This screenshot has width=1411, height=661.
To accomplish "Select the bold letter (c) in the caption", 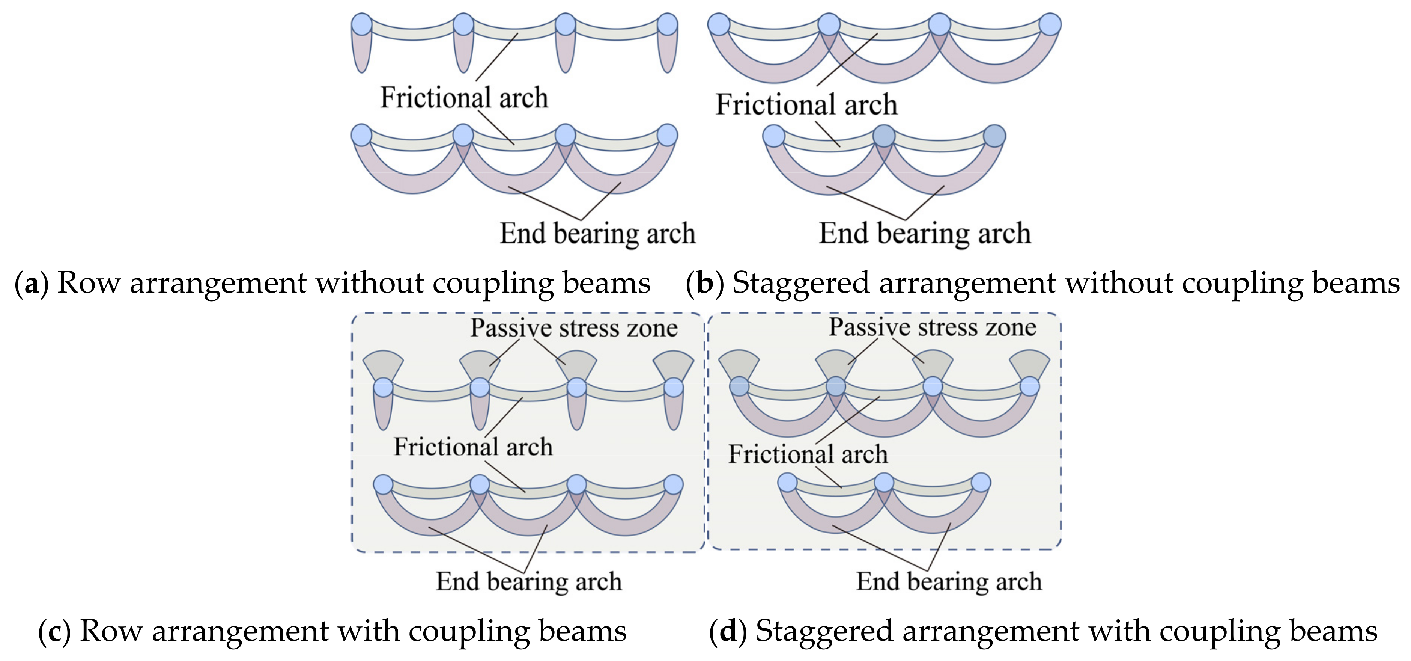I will (x=54, y=631).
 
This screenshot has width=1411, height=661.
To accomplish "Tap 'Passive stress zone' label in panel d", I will (x=932, y=327).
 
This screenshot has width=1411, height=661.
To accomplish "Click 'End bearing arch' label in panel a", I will (x=597, y=234).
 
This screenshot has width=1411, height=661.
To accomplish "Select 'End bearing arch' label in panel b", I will (x=925, y=234).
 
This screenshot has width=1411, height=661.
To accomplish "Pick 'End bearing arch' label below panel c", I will (x=529, y=581).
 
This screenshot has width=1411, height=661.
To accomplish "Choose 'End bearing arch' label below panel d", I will (x=949, y=581).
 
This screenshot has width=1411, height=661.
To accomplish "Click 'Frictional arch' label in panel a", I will (x=464, y=98).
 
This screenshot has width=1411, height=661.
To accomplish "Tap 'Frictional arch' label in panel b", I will (x=806, y=105).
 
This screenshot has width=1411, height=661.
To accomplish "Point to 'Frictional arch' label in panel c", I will (x=473, y=447).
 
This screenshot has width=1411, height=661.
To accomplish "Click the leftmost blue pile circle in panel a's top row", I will (x=361, y=25).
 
